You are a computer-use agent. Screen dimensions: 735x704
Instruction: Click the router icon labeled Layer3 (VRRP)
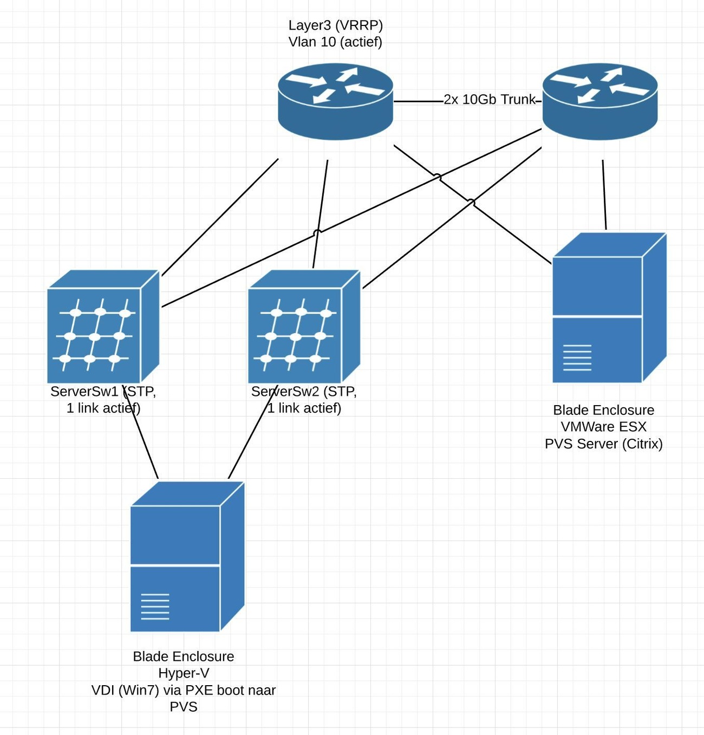(x=335, y=102)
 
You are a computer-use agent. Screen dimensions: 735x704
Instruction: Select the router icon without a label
(x=600, y=102)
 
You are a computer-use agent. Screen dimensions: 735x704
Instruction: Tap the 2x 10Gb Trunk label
(x=490, y=100)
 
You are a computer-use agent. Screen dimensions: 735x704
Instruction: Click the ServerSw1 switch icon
(x=103, y=327)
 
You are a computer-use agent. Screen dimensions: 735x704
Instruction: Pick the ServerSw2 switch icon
(x=304, y=327)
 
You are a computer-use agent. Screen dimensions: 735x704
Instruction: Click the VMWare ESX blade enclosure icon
(x=609, y=308)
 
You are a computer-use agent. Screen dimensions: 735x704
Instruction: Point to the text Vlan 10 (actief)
(x=335, y=42)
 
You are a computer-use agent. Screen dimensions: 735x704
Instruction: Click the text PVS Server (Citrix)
(x=603, y=444)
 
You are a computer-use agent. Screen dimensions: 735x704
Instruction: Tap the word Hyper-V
(x=184, y=673)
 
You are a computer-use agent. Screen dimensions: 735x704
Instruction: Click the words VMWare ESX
(x=603, y=427)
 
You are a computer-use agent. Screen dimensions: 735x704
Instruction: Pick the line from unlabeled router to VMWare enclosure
(x=604, y=195)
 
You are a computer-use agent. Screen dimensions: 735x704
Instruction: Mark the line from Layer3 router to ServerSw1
(x=220, y=217)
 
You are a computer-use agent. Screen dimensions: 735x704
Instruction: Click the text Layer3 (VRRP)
(x=335, y=25)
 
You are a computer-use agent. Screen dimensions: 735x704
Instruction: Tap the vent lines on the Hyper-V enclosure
(x=155, y=607)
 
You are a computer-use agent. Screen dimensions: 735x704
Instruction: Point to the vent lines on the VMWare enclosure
(x=577, y=357)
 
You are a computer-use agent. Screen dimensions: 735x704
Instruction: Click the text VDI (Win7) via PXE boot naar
(x=184, y=690)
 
